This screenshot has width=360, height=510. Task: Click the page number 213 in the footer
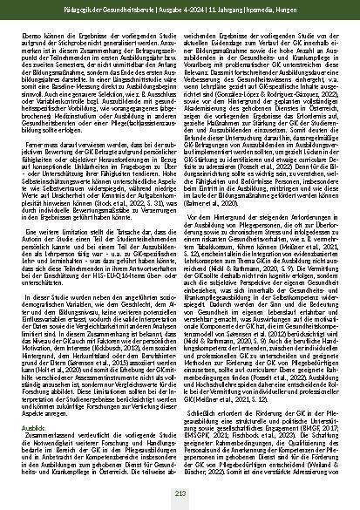tap(180, 494)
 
